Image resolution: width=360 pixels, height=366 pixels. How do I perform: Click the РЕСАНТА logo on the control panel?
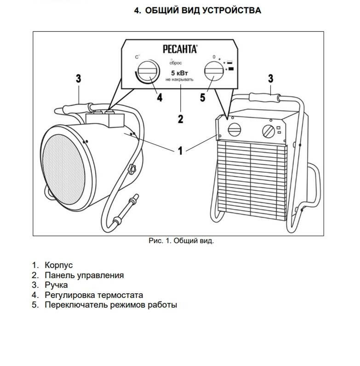click(180, 47)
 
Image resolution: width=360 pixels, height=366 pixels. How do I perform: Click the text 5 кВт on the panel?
click(180, 73)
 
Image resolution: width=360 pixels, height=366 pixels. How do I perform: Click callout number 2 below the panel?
click(180, 119)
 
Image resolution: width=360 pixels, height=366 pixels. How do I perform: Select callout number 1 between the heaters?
click(181, 150)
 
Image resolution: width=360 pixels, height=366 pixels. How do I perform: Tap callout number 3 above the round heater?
click(79, 79)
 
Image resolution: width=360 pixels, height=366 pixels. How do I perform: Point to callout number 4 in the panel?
click(159, 98)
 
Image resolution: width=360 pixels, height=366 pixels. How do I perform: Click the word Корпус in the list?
click(58, 266)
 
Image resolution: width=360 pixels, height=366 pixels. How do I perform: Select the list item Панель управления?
click(84, 275)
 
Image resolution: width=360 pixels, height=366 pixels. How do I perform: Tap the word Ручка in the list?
click(56, 285)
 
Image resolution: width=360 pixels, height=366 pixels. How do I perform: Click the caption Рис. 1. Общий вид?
click(181, 241)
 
